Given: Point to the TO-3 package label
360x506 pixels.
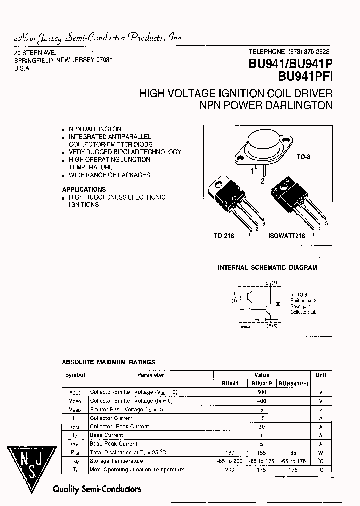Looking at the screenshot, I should click(303, 157).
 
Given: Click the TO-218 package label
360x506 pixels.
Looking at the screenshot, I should click(224, 235).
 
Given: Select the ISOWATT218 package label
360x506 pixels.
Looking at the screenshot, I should click(286, 235).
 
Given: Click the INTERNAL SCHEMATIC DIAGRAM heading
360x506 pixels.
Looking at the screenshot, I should click(267, 268).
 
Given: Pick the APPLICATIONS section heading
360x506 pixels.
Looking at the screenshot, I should click(84, 189).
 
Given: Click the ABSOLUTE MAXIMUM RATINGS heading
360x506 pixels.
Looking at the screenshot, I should click(108, 362).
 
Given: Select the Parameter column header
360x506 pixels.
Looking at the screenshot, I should click(151, 375).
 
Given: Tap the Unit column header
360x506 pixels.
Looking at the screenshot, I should click(321, 375).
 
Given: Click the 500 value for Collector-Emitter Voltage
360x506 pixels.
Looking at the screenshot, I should click(261, 392).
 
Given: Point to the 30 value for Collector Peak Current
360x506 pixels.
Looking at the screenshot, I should click(261, 427).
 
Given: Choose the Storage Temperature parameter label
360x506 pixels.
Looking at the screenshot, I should click(116, 461).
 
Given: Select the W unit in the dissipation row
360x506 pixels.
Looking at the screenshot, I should click(321, 452).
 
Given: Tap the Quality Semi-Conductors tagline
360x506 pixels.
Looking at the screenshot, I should click(97, 489).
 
